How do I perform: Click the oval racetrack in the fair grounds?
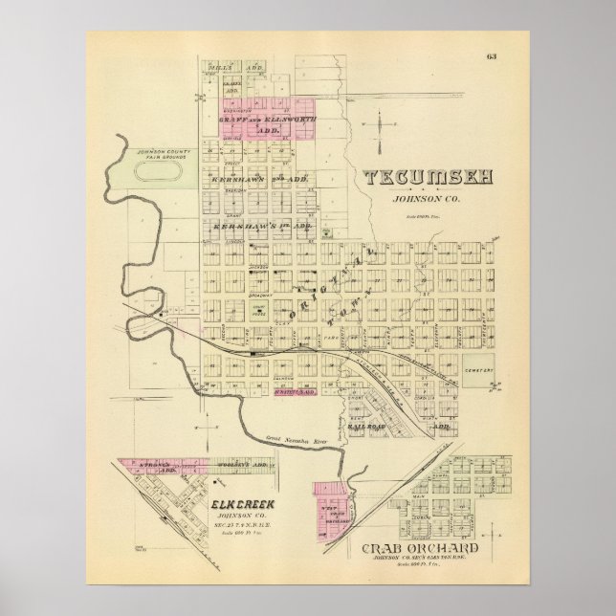tap(161, 172)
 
